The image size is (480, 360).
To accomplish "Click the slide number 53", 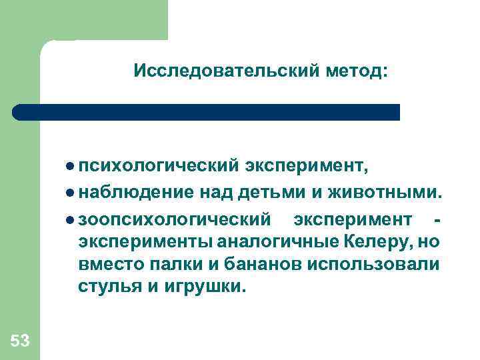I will [x=20, y=341].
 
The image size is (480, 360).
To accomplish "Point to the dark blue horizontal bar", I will [x=207, y=112].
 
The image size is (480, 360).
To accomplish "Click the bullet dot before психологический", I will [x=71, y=165].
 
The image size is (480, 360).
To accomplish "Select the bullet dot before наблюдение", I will [x=71, y=193].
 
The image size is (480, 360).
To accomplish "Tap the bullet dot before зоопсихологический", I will [x=71, y=218].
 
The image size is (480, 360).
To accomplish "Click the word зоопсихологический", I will [x=175, y=218].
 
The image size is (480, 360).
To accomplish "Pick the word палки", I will [x=176, y=264].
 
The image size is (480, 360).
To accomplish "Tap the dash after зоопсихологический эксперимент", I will [x=437, y=218].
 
